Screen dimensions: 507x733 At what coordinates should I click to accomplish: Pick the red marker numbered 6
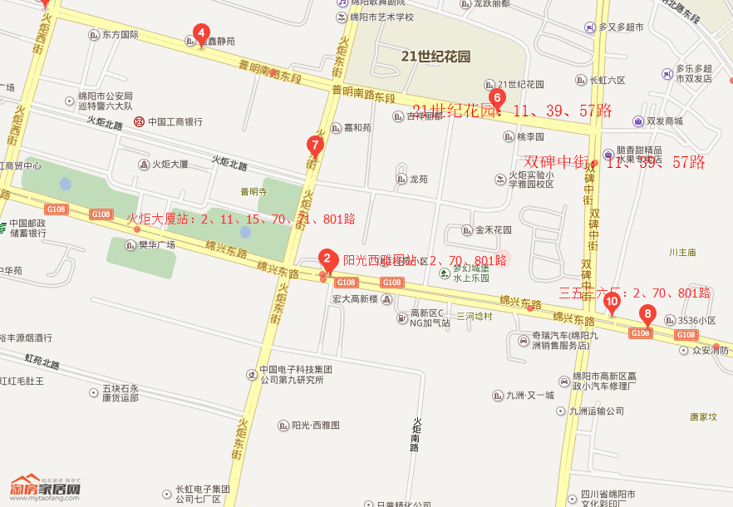coord(497,98)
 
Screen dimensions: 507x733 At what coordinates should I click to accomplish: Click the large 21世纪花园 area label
coord(435,57)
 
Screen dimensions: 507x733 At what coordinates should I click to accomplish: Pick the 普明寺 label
coord(253,191)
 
